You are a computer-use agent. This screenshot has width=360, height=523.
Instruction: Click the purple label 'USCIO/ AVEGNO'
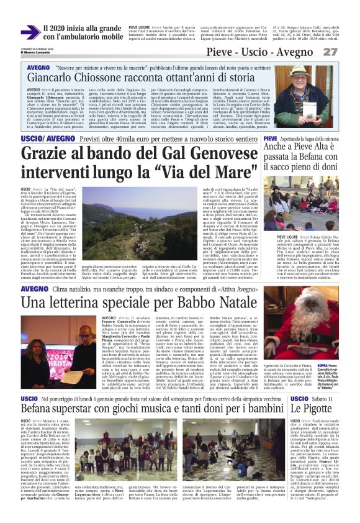click(x=40, y=137)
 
